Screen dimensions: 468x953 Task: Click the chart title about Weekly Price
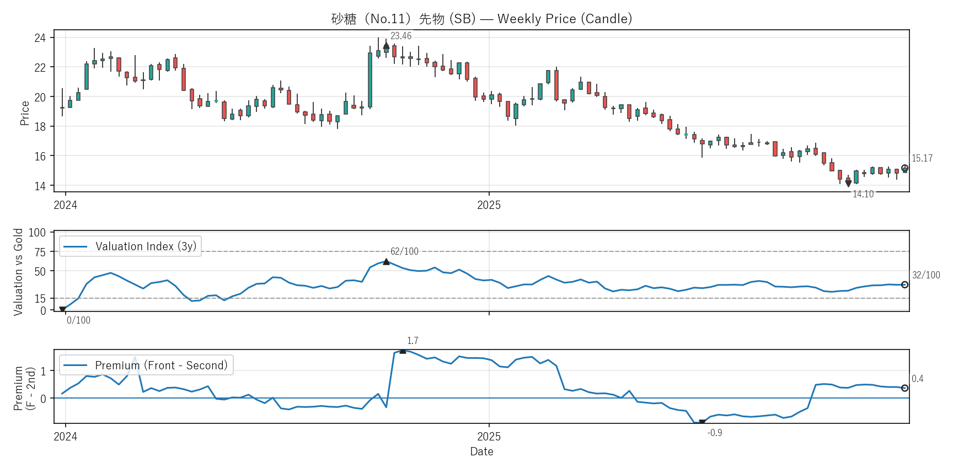(481, 19)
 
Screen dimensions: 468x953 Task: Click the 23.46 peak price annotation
(401, 36)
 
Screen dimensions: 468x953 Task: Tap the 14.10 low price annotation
(863, 194)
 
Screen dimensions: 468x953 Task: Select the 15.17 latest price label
(922, 158)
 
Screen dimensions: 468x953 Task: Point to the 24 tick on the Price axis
(40, 38)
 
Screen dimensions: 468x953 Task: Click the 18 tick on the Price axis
(40, 127)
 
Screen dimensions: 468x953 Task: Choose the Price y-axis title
(24, 113)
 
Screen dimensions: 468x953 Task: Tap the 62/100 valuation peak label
(404, 251)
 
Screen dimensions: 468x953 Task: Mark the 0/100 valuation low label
(78, 320)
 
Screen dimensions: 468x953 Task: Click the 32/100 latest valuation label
(926, 275)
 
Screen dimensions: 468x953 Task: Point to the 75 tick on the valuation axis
(40, 252)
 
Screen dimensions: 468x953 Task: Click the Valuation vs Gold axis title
(18, 272)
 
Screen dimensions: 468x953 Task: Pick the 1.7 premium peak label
(413, 341)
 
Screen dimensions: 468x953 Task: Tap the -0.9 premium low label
(715, 433)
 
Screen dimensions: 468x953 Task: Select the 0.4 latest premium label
(917, 379)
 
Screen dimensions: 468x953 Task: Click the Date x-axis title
(481, 451)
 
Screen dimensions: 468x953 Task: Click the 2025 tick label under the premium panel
(489, 437)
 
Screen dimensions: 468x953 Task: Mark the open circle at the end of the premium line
(904, 388)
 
